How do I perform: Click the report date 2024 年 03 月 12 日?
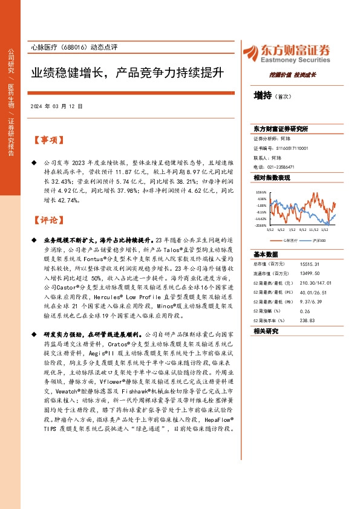coord(56,106)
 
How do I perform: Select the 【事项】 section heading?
coord(47,140)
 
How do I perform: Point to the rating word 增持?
coord(263,96)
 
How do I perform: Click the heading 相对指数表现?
coord(272,178)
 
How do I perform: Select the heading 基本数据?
coord(264,254)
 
